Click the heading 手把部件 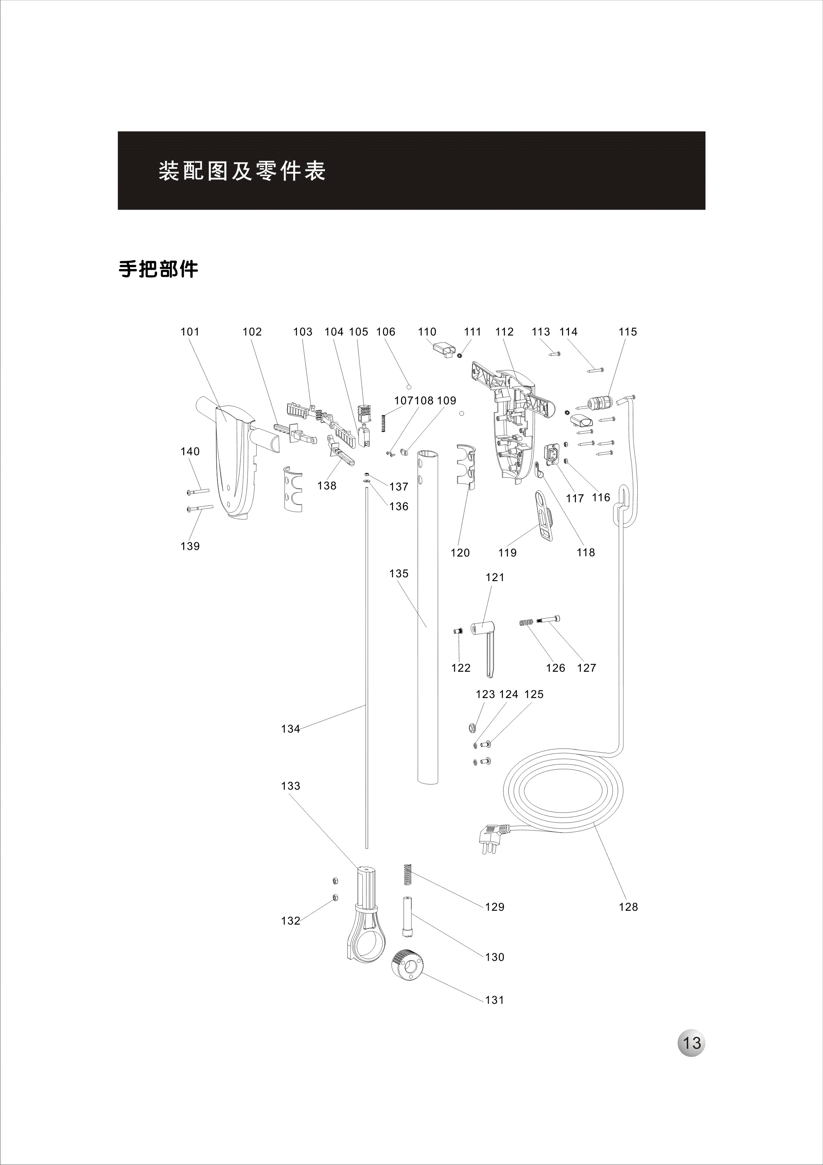[158, 269]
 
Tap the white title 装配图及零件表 [242, 171]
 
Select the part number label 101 [190, 332]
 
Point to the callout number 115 [628, 332]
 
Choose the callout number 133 [291, 786]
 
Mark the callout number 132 [291, 921]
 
